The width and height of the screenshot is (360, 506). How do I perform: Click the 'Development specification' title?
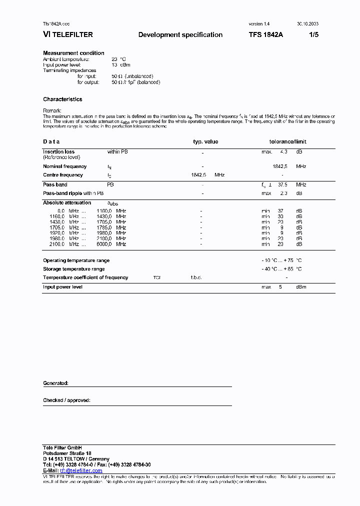click(180, 35)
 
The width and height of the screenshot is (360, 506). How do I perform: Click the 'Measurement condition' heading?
click(73, 53)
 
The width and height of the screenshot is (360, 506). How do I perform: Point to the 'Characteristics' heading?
click(62, 99)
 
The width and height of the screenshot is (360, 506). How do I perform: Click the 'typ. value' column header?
click(205, 142)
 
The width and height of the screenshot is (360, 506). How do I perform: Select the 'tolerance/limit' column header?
click(287, 142)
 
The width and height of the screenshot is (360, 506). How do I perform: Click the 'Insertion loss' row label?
click(58, 151)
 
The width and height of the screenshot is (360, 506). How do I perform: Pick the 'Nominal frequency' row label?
click(64, 166)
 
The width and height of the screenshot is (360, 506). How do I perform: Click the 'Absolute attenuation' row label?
click(67, 202)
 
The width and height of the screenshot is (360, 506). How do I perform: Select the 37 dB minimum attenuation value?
click(281, 211)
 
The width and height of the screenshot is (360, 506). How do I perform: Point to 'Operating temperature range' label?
click(76, 260)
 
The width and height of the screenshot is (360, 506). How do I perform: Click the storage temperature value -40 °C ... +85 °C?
click(281, 269)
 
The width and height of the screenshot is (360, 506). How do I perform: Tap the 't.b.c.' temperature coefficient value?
click(195, 277)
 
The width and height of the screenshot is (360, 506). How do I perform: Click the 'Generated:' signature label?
click(55, 383)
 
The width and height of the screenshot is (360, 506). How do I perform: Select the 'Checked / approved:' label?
click(66, 400)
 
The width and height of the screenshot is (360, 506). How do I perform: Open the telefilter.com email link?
click(81, 470)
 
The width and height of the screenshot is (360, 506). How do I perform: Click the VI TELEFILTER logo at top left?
click(68, 35)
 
